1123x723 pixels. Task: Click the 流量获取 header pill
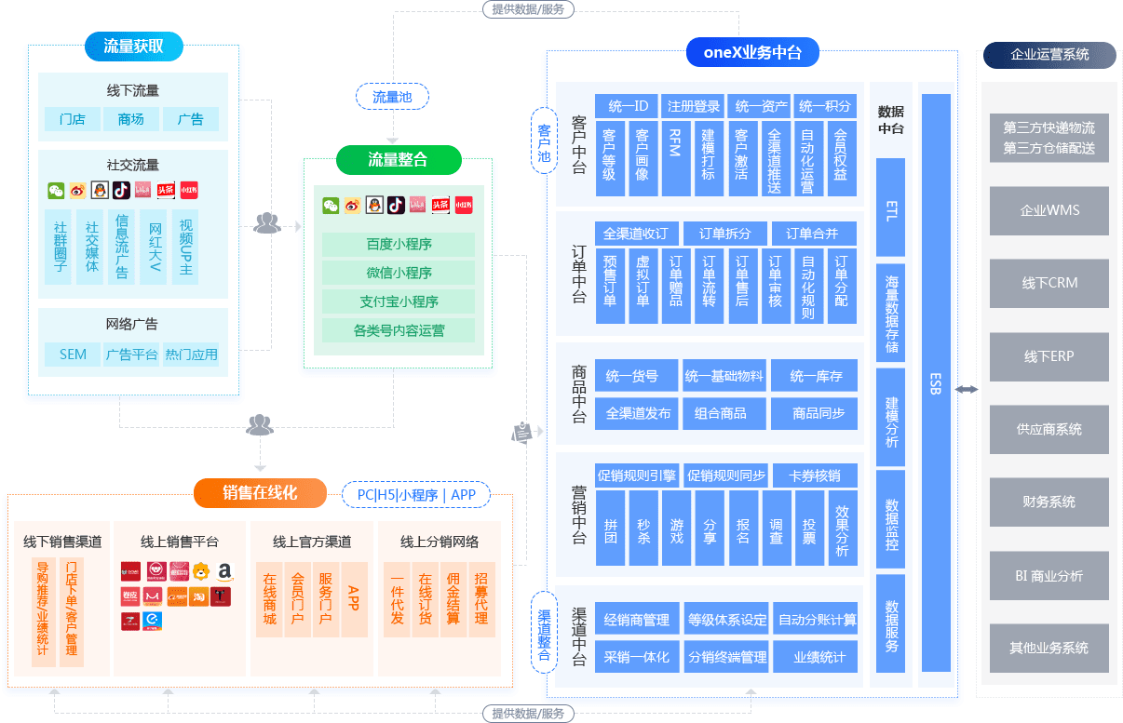[x=134, y=46]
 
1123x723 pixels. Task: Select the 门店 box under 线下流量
[x=72, y=119]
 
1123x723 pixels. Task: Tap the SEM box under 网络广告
[x=73, y=355]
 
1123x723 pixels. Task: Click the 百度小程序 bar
[x=399, y=245]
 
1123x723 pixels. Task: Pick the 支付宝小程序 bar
[x=399, y=301]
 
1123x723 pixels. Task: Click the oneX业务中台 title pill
[x=751, y=52]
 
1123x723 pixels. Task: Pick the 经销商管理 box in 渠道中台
[x=636, y=620]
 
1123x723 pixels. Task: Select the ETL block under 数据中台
[x=891, y=208]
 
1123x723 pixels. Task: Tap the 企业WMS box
[x=1049, y=210]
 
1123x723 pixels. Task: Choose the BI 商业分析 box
[x=1049, y=576]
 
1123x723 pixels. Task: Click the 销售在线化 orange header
[x=260, y=493]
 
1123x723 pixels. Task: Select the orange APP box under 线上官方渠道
[x=354, y=599]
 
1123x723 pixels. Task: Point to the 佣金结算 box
[x=453, y=599]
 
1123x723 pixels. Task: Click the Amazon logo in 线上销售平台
[x=223, y=571]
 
